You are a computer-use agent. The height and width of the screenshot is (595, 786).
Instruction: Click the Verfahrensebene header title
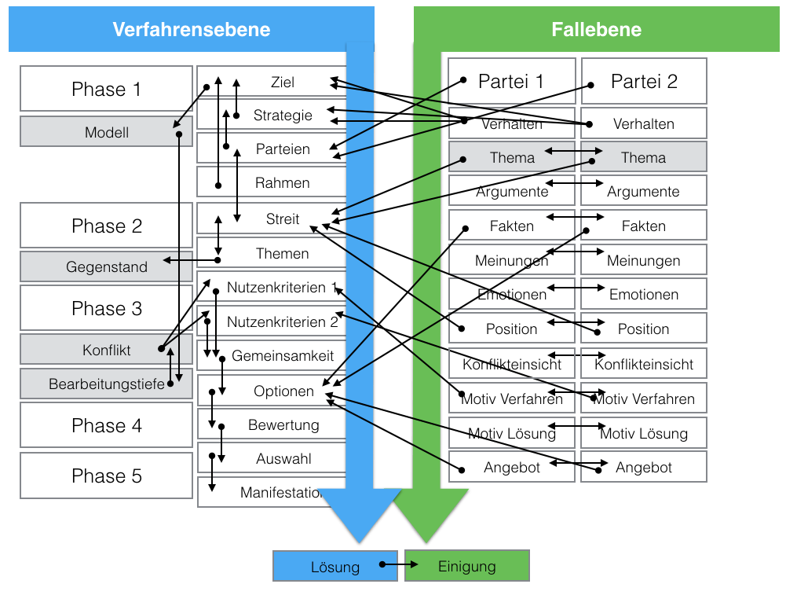[191, 30]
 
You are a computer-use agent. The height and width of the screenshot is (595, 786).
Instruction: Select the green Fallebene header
[596, 30]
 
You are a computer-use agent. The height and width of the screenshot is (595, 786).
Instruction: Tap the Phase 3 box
[106, 308]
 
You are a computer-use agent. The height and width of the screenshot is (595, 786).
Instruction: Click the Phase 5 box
[106, 476]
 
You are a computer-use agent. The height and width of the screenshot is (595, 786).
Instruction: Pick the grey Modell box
[106, 132]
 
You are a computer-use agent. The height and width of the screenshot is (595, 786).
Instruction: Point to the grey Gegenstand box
[106, 267]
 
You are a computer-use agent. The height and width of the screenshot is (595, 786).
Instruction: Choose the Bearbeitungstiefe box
[106, 384]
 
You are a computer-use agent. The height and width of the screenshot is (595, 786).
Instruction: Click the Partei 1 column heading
[511, 81]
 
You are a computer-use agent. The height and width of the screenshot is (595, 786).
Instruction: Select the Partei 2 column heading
[644, 81]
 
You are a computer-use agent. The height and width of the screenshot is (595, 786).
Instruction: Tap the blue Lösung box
[335, 567]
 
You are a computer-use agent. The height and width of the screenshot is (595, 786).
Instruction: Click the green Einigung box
[467, 566]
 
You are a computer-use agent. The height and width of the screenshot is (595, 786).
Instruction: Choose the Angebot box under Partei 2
[644, 467]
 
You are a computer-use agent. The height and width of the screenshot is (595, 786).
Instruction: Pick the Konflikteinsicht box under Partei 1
[512, 364]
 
